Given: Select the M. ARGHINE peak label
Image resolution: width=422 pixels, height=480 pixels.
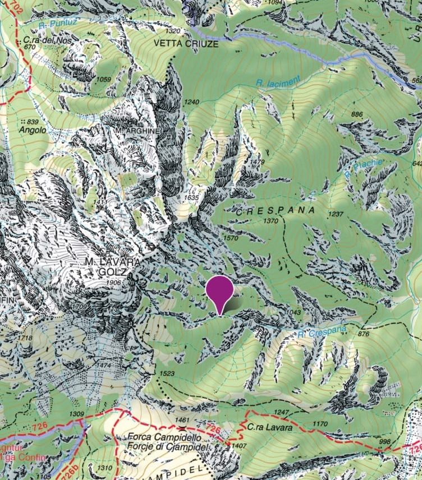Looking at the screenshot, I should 137,130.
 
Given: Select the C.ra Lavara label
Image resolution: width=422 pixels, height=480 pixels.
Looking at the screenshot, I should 269,427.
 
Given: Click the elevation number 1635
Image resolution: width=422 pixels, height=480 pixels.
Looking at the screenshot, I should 191,197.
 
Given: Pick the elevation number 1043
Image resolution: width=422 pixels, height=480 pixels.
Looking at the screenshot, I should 294,312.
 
